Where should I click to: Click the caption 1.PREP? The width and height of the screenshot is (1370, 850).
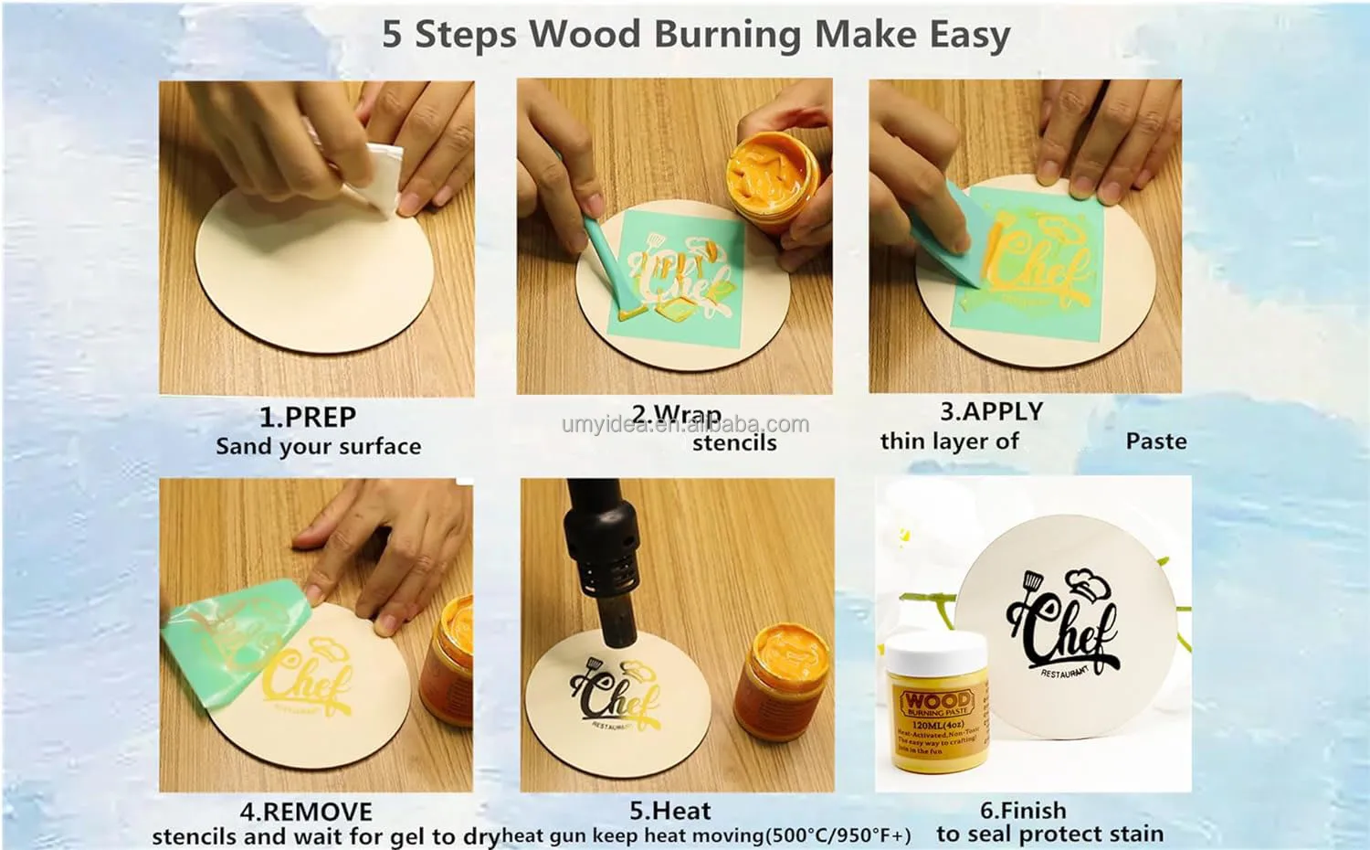[308, 418]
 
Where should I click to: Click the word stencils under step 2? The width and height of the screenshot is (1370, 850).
[733, 443]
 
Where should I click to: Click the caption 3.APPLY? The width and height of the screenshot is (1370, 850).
[991, 412]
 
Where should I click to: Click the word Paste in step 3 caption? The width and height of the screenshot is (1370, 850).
[1155, 441]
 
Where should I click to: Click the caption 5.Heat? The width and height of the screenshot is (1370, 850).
[669, 811]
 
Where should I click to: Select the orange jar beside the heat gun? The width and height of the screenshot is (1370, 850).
[783, 681]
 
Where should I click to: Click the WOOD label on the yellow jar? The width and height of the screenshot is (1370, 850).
[937, 703]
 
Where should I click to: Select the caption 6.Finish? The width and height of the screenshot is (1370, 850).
[1023, 811]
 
